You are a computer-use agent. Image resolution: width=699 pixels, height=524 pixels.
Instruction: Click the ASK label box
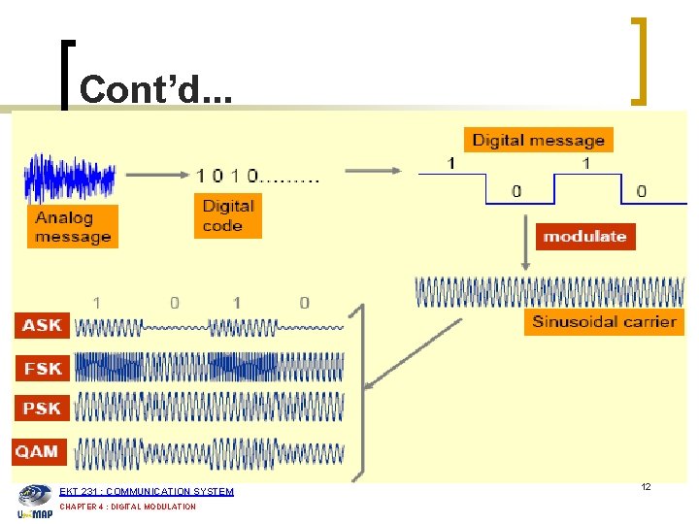point(42,325)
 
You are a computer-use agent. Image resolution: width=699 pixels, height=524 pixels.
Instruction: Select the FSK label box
point(42,368)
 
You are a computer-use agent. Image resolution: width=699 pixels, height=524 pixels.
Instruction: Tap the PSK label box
point(42,409)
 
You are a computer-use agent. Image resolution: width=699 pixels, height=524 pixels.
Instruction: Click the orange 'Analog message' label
point(73,227)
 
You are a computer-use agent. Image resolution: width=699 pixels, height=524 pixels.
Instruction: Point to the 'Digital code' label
point(228,215)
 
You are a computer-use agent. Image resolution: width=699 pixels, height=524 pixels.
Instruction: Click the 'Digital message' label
point(538,141)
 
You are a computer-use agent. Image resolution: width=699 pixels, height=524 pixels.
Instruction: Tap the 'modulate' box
point(585,236)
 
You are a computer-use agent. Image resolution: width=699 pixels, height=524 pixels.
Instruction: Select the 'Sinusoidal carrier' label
point(604,321)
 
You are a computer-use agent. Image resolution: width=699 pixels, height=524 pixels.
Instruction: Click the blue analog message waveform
point(70,179)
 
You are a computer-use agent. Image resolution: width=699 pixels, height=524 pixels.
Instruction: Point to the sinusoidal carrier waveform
point(549,292)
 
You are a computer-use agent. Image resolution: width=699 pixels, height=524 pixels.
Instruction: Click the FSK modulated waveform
point(209,366)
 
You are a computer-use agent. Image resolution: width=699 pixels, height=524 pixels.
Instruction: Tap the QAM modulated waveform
point(209,453)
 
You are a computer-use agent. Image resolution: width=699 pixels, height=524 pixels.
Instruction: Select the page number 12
point(645,486)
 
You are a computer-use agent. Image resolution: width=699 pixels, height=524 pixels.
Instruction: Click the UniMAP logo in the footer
point(35,500)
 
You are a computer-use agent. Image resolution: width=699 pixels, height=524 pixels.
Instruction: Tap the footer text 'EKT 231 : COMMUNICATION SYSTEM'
point(147,492)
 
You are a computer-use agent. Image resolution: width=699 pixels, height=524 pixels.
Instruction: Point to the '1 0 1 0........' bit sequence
point(257,176)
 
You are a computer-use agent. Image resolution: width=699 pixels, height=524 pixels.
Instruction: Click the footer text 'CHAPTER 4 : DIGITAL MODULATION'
point(128,507)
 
